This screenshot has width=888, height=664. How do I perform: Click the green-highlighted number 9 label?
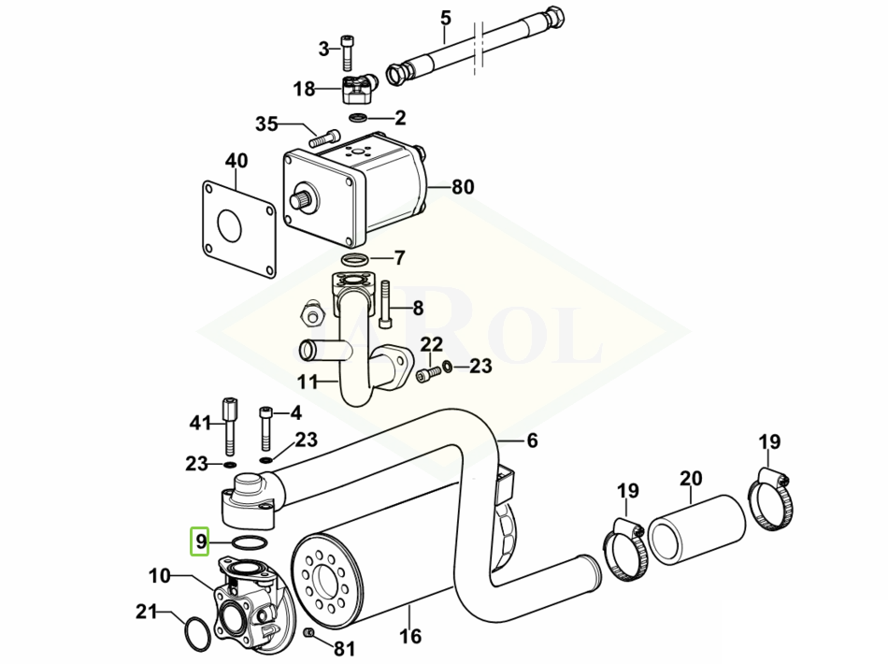click(199, 541)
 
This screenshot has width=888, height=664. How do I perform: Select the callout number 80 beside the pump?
click(463, 186)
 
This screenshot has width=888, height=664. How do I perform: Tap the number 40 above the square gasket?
click(236, 160)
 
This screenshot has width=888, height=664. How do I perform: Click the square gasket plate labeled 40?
click(238, 228)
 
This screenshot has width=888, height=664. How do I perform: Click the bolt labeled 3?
click(347, 52)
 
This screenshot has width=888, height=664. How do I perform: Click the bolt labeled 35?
click(324, 137)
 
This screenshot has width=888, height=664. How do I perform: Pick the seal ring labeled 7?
click(355, 260)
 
